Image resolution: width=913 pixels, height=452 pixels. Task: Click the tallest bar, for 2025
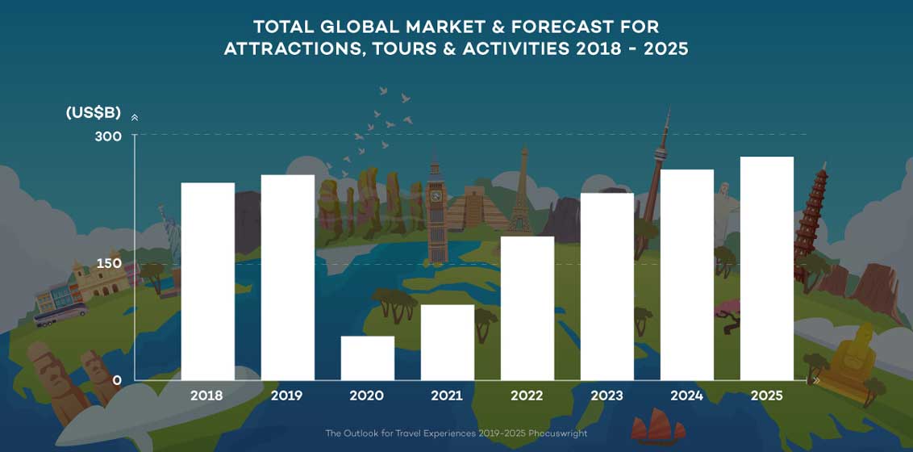[x=766, y=268]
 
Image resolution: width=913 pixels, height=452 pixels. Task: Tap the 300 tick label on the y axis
[x=108, y=136]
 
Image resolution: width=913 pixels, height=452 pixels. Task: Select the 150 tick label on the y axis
[x=108, y=264]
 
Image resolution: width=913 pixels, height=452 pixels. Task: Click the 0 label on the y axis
[x=117, y=380]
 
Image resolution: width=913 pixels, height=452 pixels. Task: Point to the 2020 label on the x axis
[x=367, y=396]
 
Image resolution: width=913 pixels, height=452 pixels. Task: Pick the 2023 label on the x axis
[x=607, y=396]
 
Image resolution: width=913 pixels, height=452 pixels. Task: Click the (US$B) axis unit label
[x=94, y=113]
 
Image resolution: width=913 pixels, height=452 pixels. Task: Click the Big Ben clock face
[x=436, y=195]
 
